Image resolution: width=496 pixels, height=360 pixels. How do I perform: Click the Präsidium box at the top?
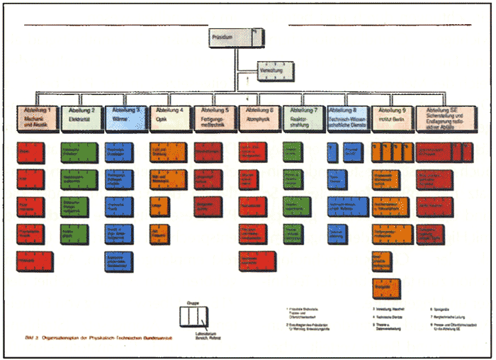tap(237, 38)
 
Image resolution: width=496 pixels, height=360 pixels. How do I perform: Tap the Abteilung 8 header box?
tap(348, 118)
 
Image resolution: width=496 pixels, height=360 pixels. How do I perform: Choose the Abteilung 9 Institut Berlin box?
tap(392, 118)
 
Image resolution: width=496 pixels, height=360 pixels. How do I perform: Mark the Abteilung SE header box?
tap(444, 118)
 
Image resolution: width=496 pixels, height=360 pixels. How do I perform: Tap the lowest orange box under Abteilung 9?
tap(383, 287)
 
